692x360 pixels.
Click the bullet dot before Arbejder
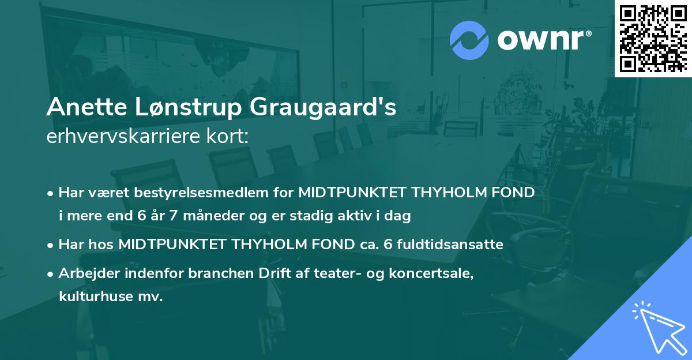tap(51, 273)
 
